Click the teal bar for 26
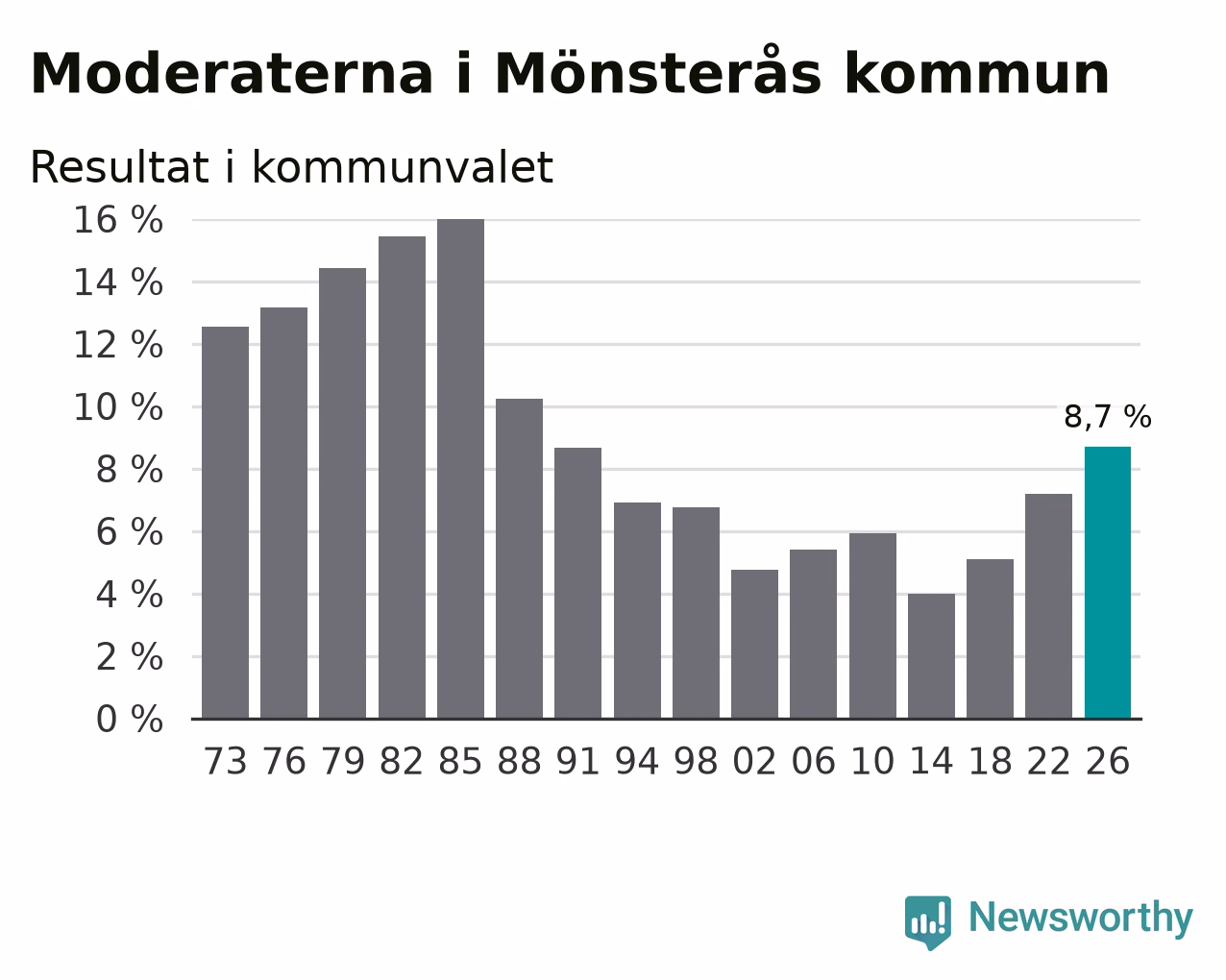coord(1108,582)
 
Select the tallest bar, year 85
coord(460,469)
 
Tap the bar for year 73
coord(225,523)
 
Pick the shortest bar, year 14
coord(931,656)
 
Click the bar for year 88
coord(519,558)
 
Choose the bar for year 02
coord(755,644)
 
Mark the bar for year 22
coord(1049,606)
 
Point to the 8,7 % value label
coord(1108,417)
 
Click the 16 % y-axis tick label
coord(118,220)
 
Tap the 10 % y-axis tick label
coord(118,407)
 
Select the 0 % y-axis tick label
coord(130,719)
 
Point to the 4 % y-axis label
coord(130,595)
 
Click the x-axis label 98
coord(696,761)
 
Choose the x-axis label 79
coord(342,761)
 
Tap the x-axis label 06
coord(814,761)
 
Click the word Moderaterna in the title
coord(232,74)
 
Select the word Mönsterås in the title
coord(658,70)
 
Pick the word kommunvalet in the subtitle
coord(403,167)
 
